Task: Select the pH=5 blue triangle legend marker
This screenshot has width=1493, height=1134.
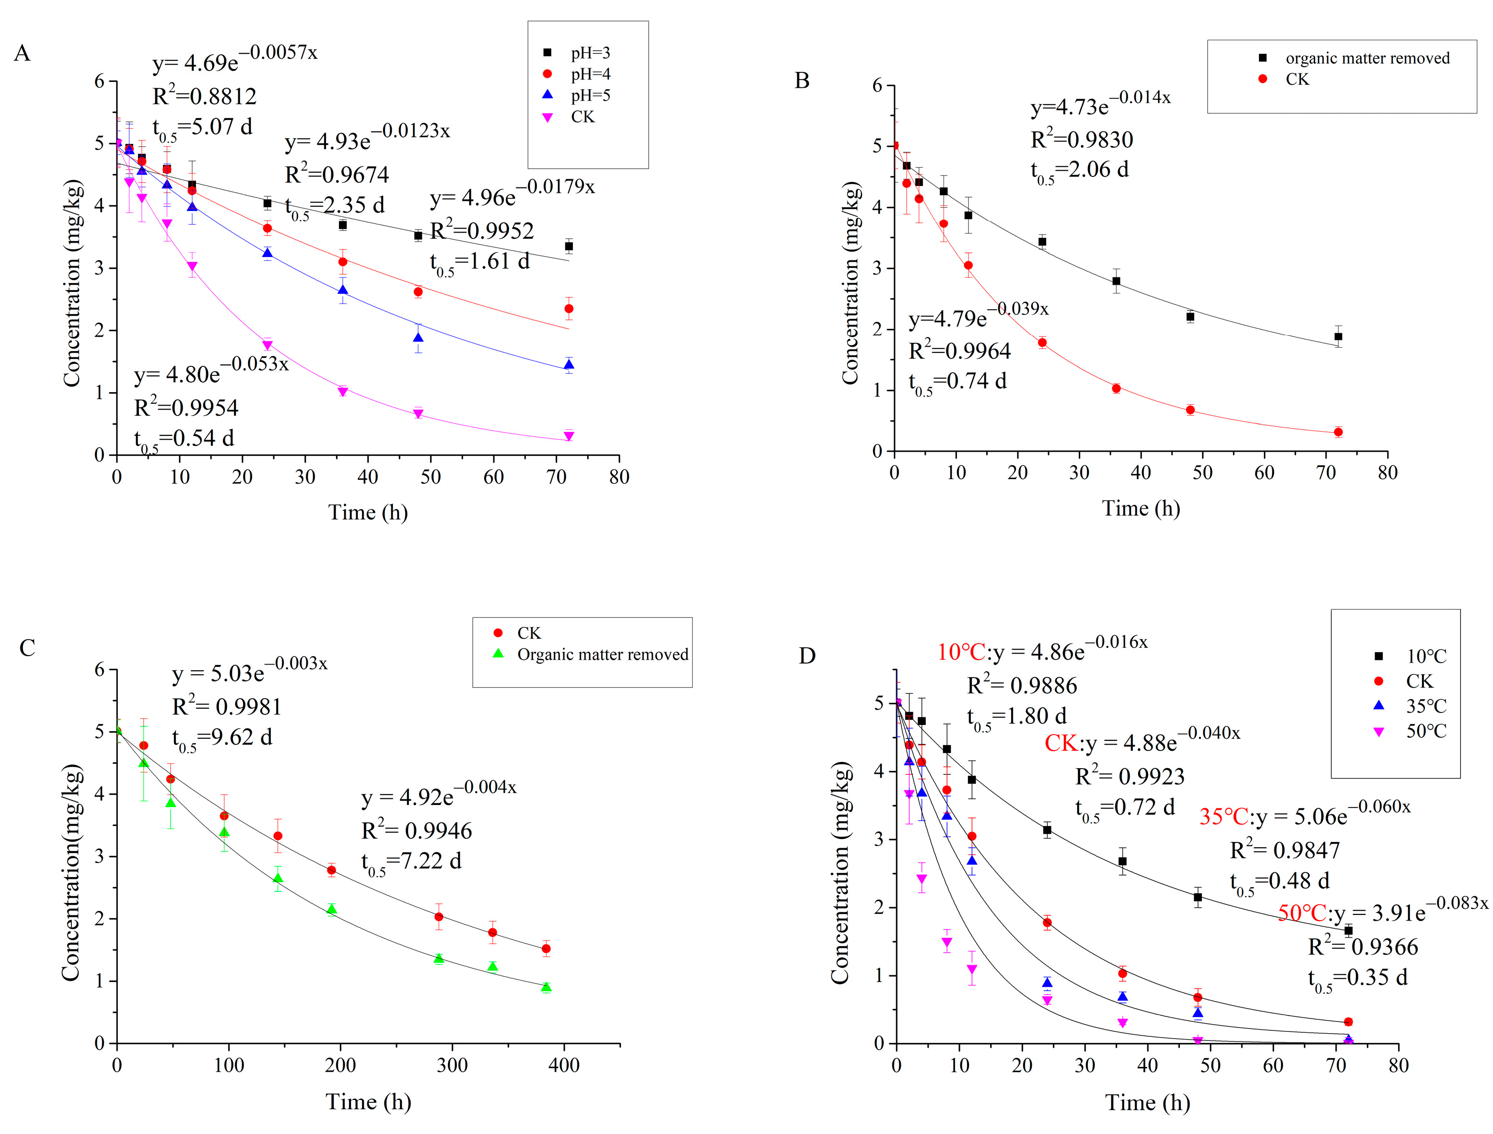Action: tap(548, 95)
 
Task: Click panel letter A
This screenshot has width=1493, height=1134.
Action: tap(22, 53)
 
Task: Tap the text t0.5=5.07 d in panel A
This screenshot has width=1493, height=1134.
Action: tap(202, 128)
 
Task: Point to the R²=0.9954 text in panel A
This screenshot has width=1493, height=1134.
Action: tap(187, 408)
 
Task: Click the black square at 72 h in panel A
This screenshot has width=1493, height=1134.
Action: tap(569, 246)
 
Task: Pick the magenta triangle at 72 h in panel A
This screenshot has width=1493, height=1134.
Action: tap(569, 436)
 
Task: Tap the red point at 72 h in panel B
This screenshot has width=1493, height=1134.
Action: tap(1339, 432)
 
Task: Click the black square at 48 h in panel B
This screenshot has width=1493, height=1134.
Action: tap(1190, 316)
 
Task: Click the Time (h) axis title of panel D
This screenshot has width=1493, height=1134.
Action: tap(1147, 1102)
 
